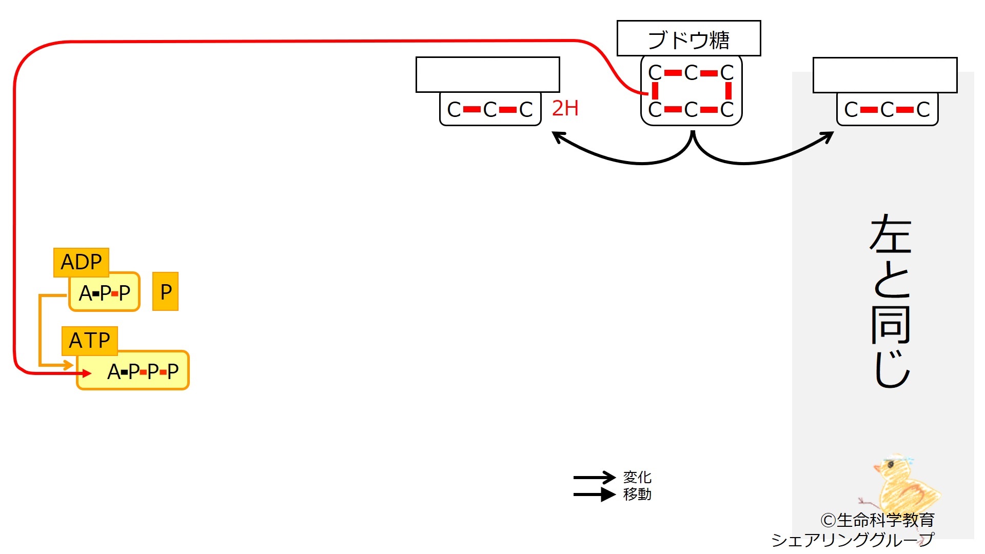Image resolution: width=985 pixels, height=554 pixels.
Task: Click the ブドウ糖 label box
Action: click(688, 38)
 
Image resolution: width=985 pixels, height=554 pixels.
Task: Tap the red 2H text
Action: click(565, 108)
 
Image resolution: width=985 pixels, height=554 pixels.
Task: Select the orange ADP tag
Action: click(81, 262)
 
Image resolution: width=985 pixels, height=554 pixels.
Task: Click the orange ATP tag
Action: click(90, 341)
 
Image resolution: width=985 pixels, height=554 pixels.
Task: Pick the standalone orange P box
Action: click(166, 291)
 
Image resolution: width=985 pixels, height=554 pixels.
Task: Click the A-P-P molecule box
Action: click(105, 292)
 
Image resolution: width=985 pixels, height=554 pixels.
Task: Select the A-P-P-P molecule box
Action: click(133, 370)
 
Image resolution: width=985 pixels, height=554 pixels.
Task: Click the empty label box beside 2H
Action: click(488, 75)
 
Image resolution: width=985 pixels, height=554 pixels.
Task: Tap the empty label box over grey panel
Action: click(885, 75)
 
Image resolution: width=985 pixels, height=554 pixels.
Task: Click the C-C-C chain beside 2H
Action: click(490, 109)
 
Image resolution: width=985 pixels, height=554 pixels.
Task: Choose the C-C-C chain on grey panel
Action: click(888, 109)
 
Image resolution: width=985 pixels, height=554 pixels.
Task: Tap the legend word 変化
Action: click(637, 477)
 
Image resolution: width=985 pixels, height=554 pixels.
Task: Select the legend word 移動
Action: click(637, 494)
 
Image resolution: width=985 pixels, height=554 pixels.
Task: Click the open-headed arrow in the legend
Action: click(594, 478)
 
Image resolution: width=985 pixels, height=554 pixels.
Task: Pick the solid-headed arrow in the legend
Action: click(594, 494)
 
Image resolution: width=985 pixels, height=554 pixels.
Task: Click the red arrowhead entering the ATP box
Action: click(87, 373)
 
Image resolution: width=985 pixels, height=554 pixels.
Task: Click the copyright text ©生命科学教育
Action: click(877, 520)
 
